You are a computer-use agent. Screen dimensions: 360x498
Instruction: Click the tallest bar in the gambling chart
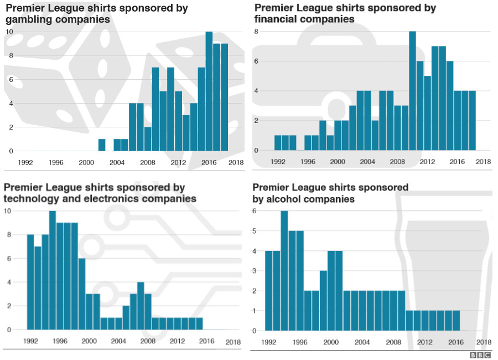click(209, 91)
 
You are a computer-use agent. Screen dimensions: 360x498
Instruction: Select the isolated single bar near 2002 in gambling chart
click(102, 145)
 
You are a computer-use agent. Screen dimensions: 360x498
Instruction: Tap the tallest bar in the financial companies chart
click(412, 91)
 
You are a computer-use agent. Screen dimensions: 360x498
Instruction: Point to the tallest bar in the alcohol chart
click(284, 271)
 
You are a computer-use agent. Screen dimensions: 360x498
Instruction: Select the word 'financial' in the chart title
click(278, 19)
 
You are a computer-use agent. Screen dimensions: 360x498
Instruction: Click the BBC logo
click(480, 355)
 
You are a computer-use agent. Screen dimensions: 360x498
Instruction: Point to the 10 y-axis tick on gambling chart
click(9, 32)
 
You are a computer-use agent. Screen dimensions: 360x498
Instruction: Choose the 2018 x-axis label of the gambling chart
click(236, 162)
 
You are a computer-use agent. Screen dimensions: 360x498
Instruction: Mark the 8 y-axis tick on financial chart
click(256, 32)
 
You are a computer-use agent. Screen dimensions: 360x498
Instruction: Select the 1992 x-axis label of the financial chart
click(278, 162)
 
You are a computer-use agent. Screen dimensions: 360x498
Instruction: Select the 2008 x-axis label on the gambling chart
click(148, 162)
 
